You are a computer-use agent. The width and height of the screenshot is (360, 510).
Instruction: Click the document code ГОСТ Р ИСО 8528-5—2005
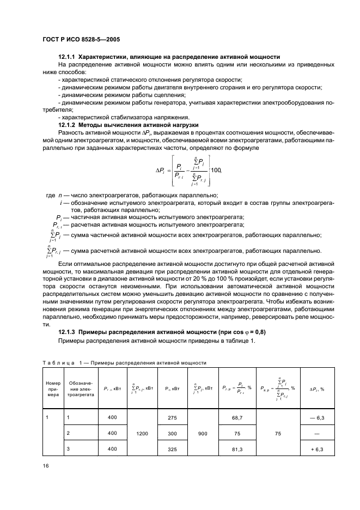[x=82, y=39]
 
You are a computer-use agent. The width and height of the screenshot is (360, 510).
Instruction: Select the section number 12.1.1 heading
[x=68, y=57]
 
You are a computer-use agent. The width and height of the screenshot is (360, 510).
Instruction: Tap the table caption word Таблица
[x=58, y=362]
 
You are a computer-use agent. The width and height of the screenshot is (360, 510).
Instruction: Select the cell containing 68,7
[x=237, y=417]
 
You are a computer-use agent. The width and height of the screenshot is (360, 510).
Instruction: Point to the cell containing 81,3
[x=237, y=448]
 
